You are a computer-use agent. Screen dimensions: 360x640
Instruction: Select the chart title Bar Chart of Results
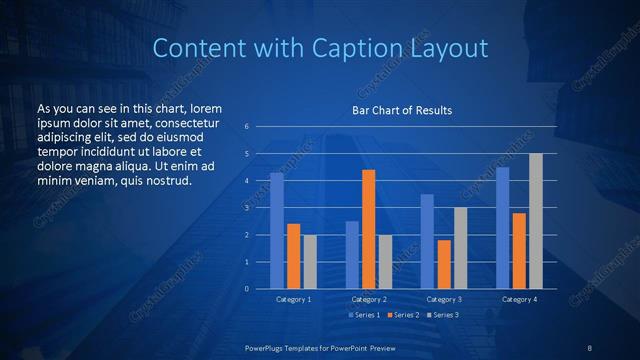[401, 110]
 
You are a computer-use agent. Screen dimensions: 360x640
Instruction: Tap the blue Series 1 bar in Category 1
[276, 230]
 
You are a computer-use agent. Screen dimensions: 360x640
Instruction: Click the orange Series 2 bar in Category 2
[368, 229]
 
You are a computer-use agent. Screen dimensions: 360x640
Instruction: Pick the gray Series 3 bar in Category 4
[536, 221]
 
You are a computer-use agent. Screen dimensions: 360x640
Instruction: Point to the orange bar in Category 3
[443, 264]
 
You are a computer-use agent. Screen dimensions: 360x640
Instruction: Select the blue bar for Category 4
[502, 227]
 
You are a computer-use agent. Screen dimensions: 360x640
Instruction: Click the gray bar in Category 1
[309, 261]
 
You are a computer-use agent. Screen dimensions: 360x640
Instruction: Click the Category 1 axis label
[293, 299]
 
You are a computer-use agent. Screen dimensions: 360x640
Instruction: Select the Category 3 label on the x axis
[443, 299]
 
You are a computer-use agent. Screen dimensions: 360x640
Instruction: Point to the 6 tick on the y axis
[246, 127]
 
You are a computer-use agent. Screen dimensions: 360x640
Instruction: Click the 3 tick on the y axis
[246, 208]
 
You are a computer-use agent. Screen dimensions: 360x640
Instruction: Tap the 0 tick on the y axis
[246, 288]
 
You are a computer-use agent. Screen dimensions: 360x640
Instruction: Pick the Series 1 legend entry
[363, 315]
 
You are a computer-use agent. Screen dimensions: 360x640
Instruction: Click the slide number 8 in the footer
[590, 347]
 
